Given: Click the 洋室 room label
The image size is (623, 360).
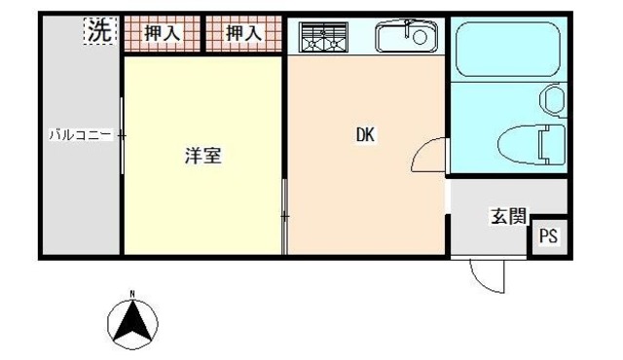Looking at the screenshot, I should pyautogui.click(x=203, y=156).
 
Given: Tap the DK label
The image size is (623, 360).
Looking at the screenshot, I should pyautogui.click(x=365, y=136).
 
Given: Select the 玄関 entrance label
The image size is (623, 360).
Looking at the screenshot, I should pyautogui.click(x=507, y=216).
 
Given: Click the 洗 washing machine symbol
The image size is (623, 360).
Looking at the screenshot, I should pyautogui.click(x=99, y=32).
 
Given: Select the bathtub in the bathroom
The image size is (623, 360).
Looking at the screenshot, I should pyautogui.click(x=506, y=49).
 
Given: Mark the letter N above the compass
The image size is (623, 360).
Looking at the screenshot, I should pyautogui.click(x=134, y=293).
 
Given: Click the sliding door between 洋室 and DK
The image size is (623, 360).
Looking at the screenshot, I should pyautogui.click(x=284, y=214).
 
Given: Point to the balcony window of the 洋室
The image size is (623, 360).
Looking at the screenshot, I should pyautogui.click(x=122, y=136).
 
